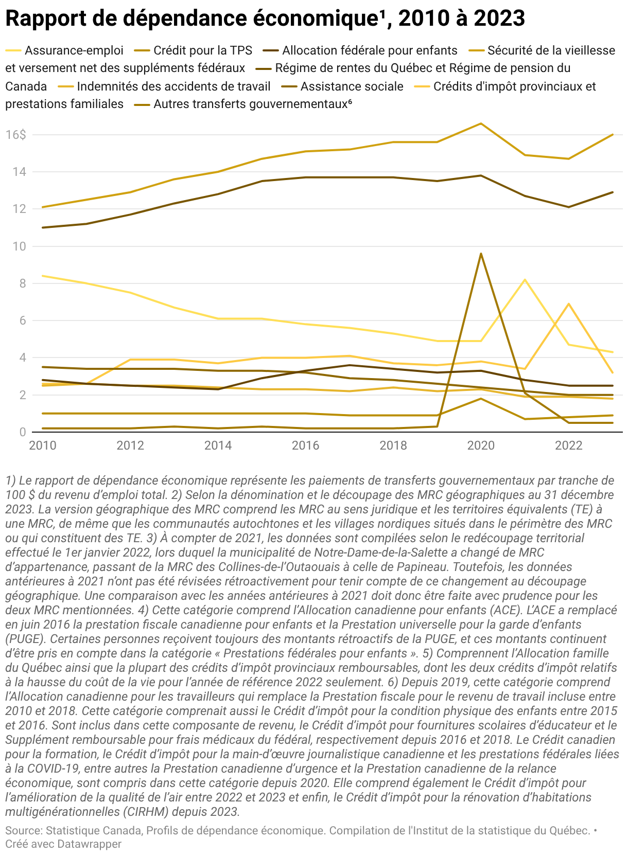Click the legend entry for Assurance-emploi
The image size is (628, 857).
[x=74, y=50]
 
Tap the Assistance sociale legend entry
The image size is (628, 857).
[x=352, y=86]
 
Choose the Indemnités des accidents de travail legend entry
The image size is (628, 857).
[x=173, y=86]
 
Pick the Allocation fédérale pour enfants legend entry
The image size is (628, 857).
[x=370, y=50]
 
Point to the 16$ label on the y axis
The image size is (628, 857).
[x=15, y=135]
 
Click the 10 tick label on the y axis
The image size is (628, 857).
[x=19, y=246]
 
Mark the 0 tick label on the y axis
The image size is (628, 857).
[x=22, y=433]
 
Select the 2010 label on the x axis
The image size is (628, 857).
[x=43, y=445]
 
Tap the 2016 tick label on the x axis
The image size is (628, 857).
[x=305, y=445]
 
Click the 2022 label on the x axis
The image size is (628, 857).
[x=568, y=445]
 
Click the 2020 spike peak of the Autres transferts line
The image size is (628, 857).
[x=481, y=254]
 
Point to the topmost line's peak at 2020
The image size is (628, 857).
[x=481, y=123]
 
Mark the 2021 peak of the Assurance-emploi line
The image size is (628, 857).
[x=525, y=280]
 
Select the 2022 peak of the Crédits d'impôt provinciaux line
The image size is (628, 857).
[x=568, y=304]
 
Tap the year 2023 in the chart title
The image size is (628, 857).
[x=499, y=19]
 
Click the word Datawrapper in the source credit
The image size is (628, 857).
[x=89, y=844]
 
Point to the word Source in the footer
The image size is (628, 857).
[x=23, y=831]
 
